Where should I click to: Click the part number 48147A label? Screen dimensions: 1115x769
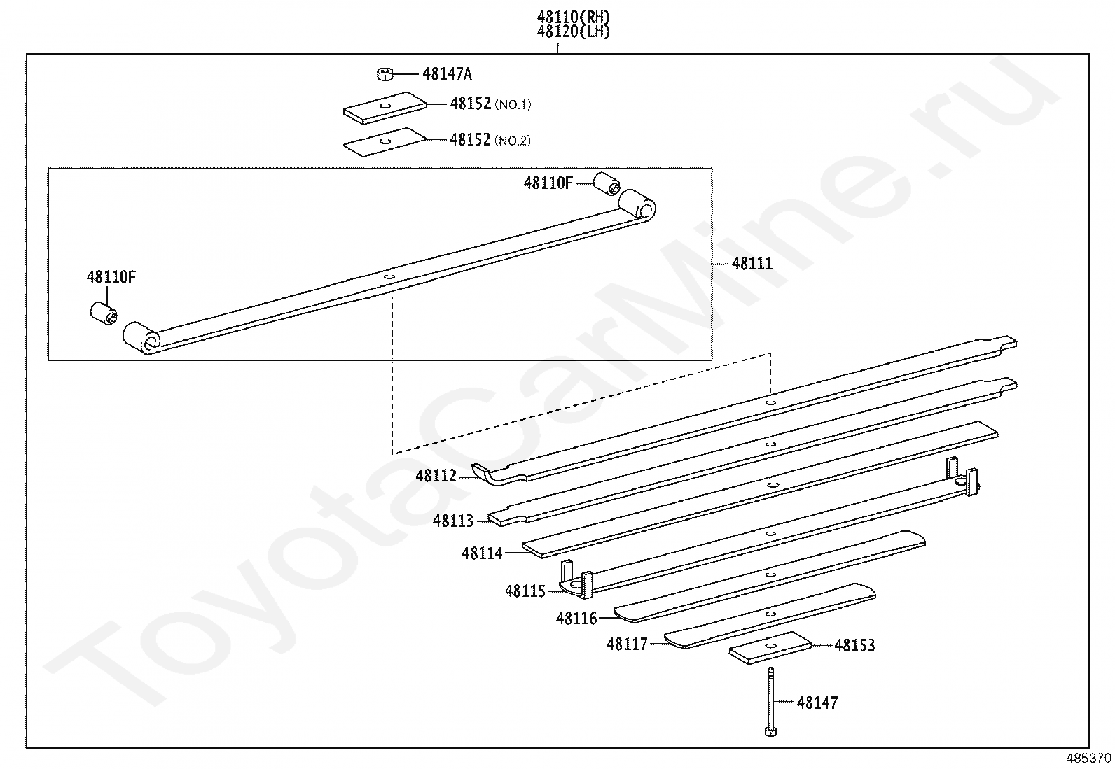coord(447,73)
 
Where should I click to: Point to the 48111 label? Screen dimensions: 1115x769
coord(752,264)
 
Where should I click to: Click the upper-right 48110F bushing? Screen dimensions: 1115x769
coord(607,184)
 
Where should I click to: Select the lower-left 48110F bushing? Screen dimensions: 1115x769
coord(104,312)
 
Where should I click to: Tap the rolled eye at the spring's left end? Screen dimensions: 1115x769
coord(142,338)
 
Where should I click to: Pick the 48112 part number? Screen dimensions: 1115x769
coord(436,476)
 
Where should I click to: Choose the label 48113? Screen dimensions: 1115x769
coord(453,521)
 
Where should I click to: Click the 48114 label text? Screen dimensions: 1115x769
coord(482,553)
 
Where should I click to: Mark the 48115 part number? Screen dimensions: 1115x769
coord(525,591)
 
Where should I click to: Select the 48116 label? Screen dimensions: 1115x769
coord(576,619)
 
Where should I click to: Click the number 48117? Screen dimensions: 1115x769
coord(628,644)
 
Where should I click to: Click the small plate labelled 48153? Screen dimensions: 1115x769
coord(770,648)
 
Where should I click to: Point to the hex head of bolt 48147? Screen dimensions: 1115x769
coord(770,732)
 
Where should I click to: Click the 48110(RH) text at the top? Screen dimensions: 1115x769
coord(574,16)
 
